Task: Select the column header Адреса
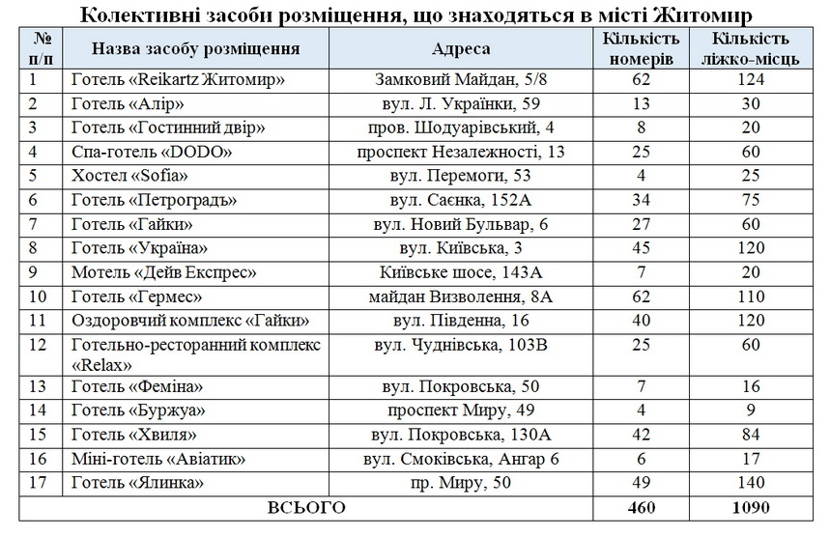pos(461,49)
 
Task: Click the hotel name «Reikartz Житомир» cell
pos(178,81)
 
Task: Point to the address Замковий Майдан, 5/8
pos(461,81)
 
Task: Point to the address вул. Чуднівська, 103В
pos(461,344)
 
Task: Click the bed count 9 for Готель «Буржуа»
pos(750,411)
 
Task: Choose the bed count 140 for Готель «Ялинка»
pos(750,482)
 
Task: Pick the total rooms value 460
pos(640,506)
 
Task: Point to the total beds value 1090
pos(750,506)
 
